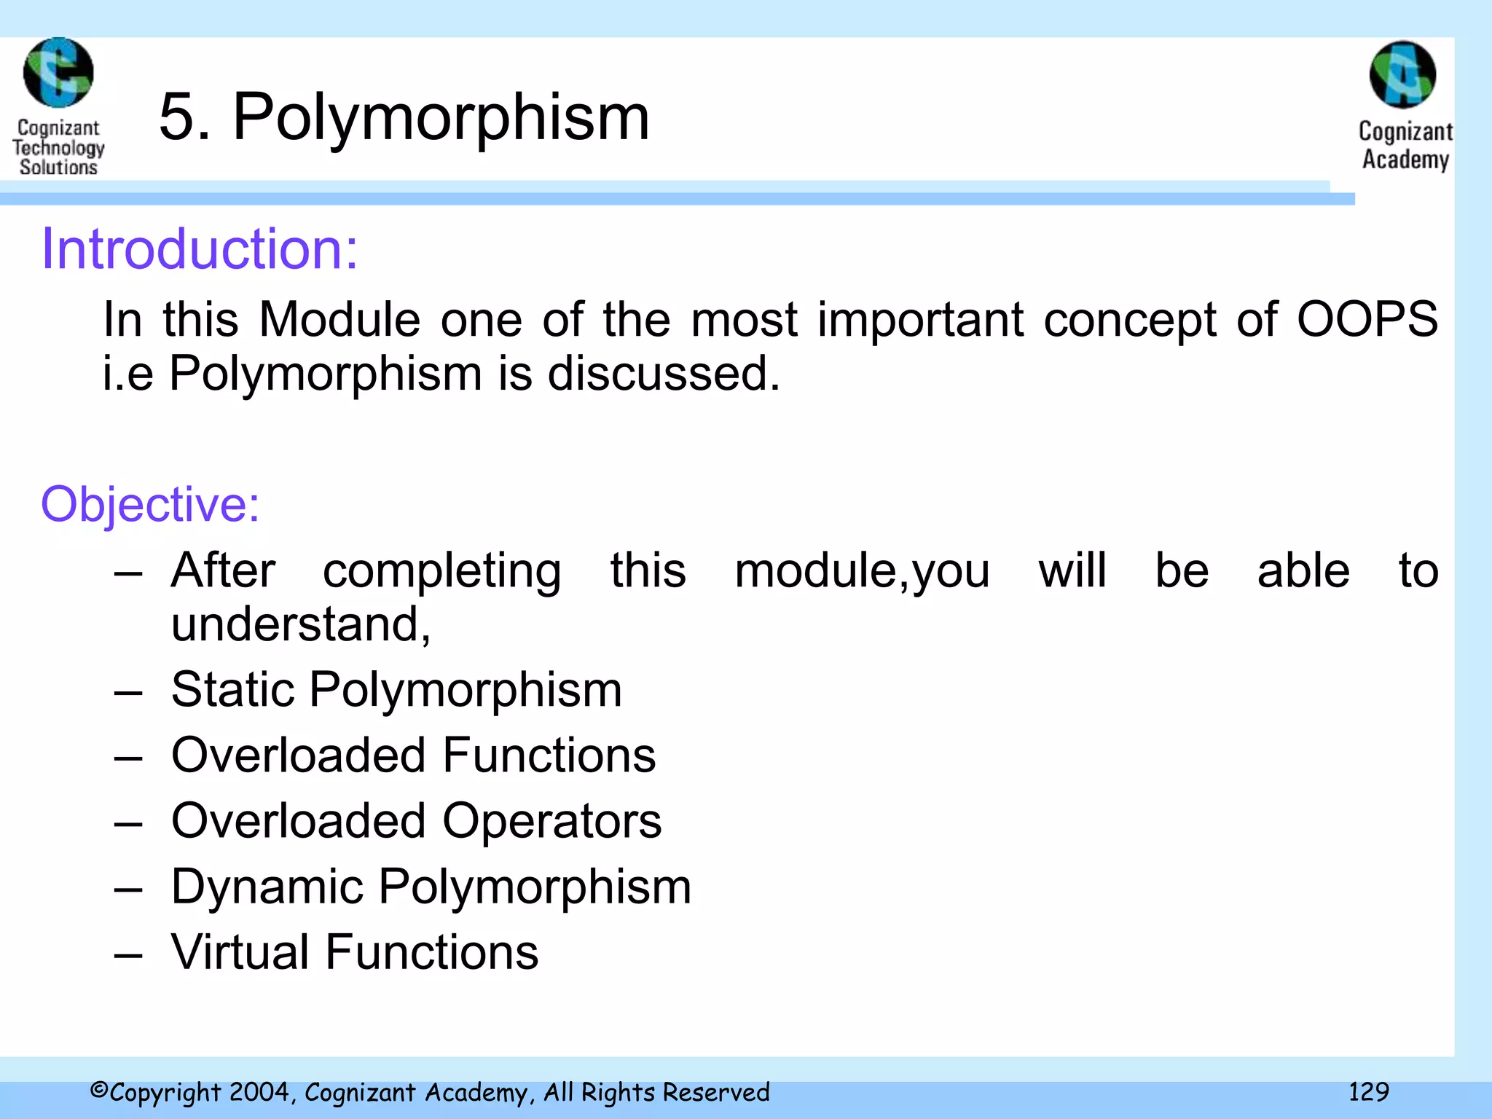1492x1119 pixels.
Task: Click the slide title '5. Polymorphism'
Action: coord(404,117)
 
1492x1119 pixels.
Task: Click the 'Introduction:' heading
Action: coord(199,249)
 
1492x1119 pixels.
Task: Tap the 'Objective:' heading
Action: coord(150,504)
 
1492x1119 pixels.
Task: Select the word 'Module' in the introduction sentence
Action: coord(339,320)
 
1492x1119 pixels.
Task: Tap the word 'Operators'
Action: coord(551,821)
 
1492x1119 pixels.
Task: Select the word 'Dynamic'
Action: coord(267,887)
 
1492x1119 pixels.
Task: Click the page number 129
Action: coord(1368,1091)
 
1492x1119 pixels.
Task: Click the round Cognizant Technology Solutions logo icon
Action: coord(58,73)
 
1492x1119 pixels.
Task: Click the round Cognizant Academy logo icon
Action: coord(1402,75)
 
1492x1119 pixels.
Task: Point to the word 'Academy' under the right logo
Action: coord(1405,160)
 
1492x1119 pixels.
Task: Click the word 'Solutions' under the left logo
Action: coord(58,168)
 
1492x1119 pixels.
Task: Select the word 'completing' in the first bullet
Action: coord(441,570)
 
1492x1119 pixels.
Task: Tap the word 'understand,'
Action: coord(301,624)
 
